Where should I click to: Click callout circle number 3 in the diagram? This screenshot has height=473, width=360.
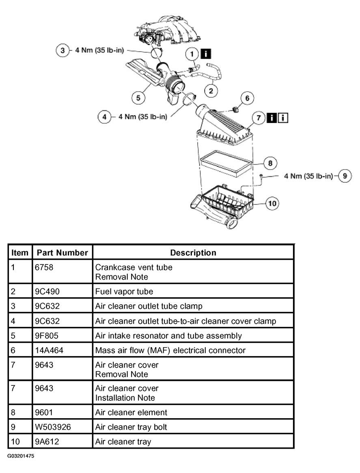[x=63, y=50]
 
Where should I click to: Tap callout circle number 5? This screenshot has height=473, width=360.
[x=138, y=98]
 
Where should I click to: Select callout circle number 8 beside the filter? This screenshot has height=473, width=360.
[x=270, y=163]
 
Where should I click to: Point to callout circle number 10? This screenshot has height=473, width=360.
[x=272, y=203]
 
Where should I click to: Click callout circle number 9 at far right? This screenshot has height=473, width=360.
[x=345, y=176]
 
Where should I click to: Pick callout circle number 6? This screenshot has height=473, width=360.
[x=247, y=98]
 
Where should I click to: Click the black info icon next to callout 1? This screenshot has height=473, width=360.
[x=206, y=54]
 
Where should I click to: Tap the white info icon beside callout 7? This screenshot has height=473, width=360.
[x=283, y=118]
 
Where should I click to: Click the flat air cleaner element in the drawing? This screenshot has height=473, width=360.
[x=226, y=163]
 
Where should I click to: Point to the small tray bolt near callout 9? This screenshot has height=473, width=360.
[x=261, y=175]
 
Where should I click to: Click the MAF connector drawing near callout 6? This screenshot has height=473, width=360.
[x=236, y=109]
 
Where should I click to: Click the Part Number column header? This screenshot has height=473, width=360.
[x=62, y=252]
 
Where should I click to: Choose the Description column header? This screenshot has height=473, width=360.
[x=193, y=252]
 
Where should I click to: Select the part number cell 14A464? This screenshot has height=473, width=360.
[x=49, y=350]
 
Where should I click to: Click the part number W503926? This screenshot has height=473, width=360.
[x=53, y=427]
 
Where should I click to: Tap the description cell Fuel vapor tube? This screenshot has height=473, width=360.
[x=124, y=291]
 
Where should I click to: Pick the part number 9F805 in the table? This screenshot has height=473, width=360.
[x=47, y=336]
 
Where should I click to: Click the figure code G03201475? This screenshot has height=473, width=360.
[x=21, y=456]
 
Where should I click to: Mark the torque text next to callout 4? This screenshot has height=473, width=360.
[x=143, y=117]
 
